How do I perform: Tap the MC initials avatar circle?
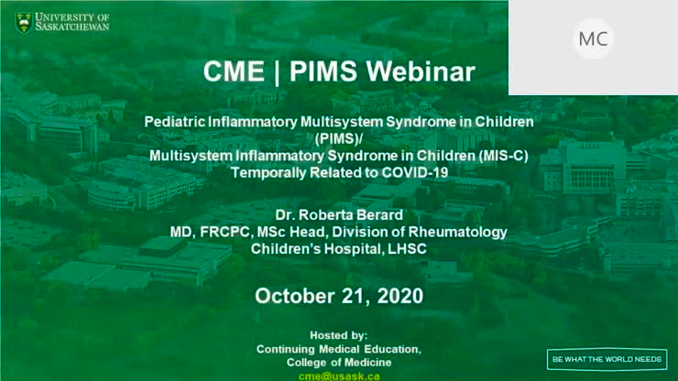(593, 38)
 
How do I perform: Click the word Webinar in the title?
(425, 72)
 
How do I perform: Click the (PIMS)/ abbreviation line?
(339, 138)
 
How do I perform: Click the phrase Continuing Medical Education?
(339, 349)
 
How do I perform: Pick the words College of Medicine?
(339, 363)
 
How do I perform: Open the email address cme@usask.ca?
(339, 376)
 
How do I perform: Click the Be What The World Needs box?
(607, 357)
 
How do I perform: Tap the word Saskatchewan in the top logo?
(73, 27)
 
